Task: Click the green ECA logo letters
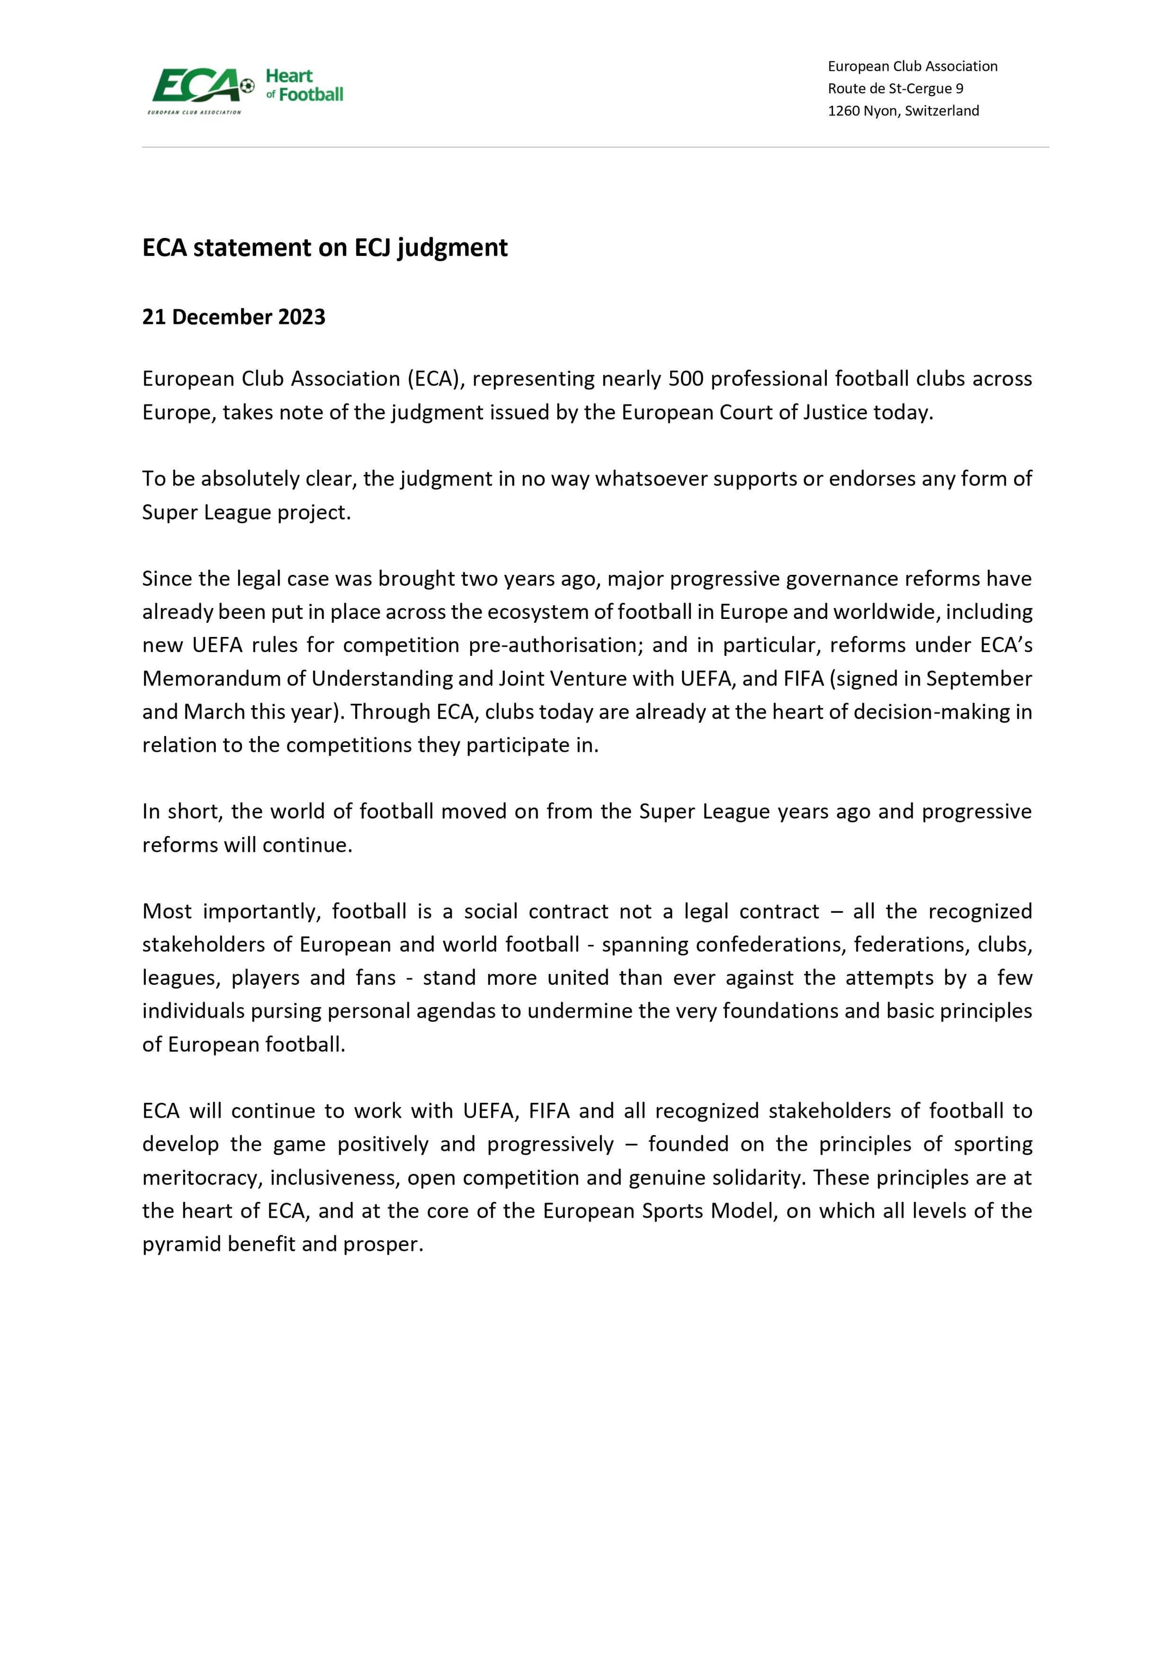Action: [x=194, y=85]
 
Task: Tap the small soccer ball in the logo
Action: [x=248, y=86]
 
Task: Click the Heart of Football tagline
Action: [x=304, y=85]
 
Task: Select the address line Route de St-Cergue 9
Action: [x=895, y=88]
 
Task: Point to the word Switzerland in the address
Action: [x=942, y=111]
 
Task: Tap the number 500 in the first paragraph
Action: [x=687, y=379]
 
